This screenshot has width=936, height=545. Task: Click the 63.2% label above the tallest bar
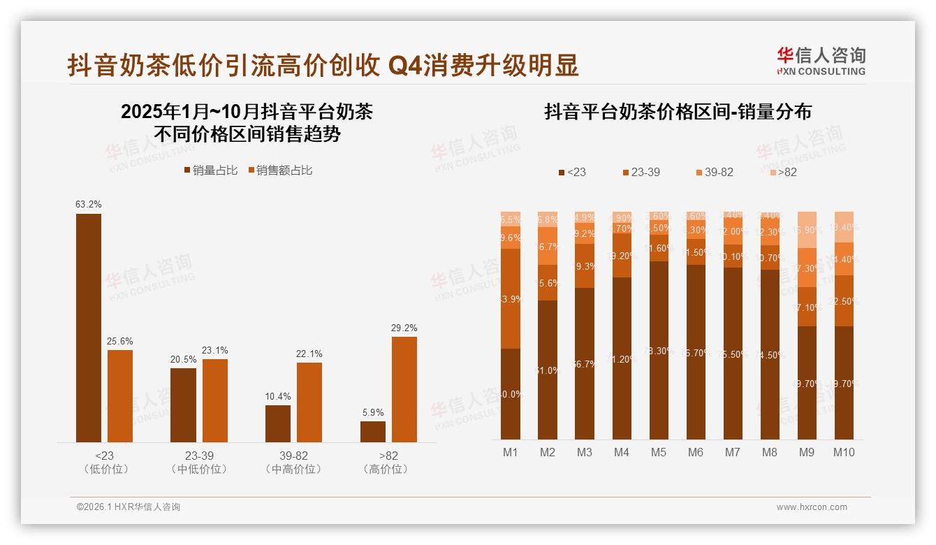(89, 205)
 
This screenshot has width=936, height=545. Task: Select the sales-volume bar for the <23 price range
(89, 328)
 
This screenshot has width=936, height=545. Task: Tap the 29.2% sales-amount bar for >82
(404, 389)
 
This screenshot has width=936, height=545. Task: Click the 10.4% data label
(278, 396)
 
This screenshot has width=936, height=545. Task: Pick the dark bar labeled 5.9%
(373, 432)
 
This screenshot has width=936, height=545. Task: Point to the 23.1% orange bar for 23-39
(215, 400)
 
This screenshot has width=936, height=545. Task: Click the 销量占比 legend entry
(210, 170)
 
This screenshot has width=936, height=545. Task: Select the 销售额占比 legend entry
(280, 170)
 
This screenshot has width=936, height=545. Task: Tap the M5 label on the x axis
(658, 452)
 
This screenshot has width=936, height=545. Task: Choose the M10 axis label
(844, 452)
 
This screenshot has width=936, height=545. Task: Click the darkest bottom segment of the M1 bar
(511, 393)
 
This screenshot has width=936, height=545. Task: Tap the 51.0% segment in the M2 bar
(548, 370)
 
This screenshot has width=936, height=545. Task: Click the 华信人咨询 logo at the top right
(821, 61)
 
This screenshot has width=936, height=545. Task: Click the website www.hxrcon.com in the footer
(812, 507)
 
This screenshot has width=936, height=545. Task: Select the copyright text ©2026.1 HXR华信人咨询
(129, 507)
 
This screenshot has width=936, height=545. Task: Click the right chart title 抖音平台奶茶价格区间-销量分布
(678, 112)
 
